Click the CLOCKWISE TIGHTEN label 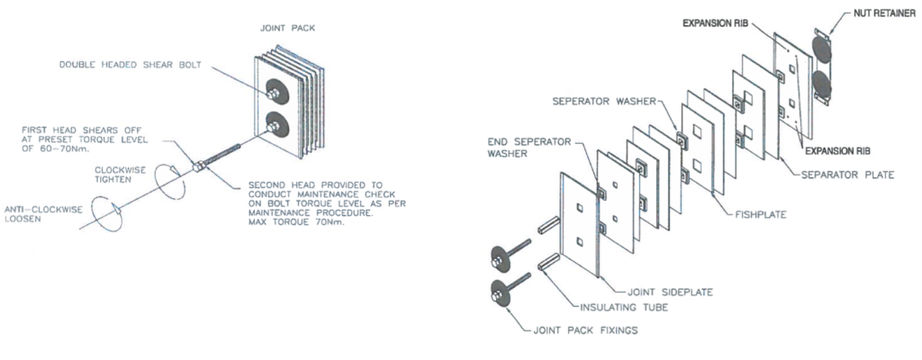(x=118, y=171)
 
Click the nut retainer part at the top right (x=822, y=67)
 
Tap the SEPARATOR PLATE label (x=845, y=174)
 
